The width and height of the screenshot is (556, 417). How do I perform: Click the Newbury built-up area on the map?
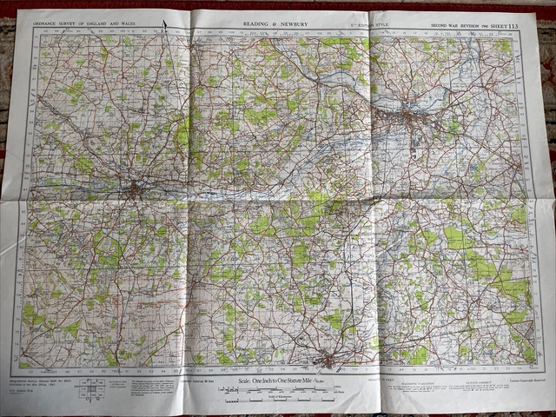(136, 188)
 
